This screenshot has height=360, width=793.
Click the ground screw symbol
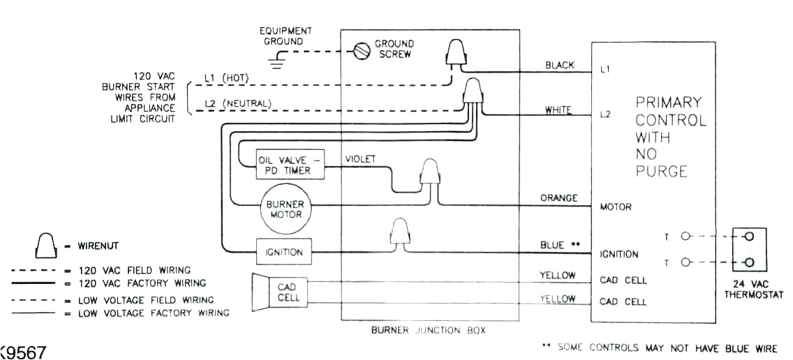(x=362, y=52)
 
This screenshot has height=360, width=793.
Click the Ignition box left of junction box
(x=283, y=252)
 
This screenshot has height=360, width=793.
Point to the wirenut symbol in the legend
(x=45, y=244)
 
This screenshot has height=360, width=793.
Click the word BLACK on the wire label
(x=559, y=66)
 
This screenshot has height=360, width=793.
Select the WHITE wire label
(x=558, y=110)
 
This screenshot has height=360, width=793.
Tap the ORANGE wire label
(x=558, y=198)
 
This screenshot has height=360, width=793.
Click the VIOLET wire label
(x=360, y=159)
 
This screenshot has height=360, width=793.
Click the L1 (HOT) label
(x=226, y=77)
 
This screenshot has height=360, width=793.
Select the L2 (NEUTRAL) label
(x=237, y=104)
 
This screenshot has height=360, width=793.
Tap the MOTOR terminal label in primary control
(x=616, y=207)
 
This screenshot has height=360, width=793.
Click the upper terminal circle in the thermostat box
(x=750, y=237)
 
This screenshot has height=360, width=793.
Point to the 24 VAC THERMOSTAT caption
(x=750, y=289)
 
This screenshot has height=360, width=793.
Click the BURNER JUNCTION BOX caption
(x=428, y=330)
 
